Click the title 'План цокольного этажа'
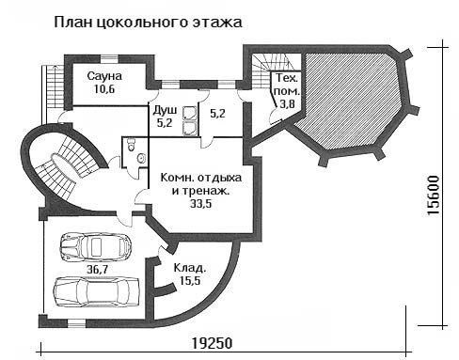coord(149,23)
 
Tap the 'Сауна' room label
coord(104,76)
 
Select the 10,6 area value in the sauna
coord(104,89)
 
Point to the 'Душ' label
coord(165,110)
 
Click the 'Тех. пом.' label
coord(287,85)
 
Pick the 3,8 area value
coord(287,103)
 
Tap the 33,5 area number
coord(201,204)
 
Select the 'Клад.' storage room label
coord(190,268)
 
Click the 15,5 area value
coord(190,281)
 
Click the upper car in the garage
coord(95,247)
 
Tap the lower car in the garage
coord(96,291)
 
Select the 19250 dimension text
coord(212,343)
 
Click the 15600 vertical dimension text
coord(434,196)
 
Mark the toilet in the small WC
coord(131,145)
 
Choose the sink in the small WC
coord(142,158)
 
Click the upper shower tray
coord(190,114)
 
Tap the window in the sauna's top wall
coord(109,58)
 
